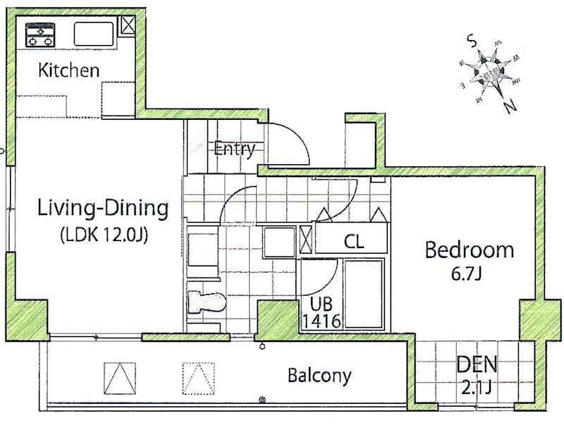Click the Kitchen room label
coord(68,70)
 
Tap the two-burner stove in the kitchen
coord(40,35)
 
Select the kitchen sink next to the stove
coord(93,34)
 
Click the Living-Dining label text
coord(103,209)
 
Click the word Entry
coord(234,149)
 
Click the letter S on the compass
coord(472,41)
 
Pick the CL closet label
coord(354,242)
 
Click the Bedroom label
coord(468,250)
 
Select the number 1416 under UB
coord(321,322)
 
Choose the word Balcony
coord(319,376)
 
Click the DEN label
coord(477,365)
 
